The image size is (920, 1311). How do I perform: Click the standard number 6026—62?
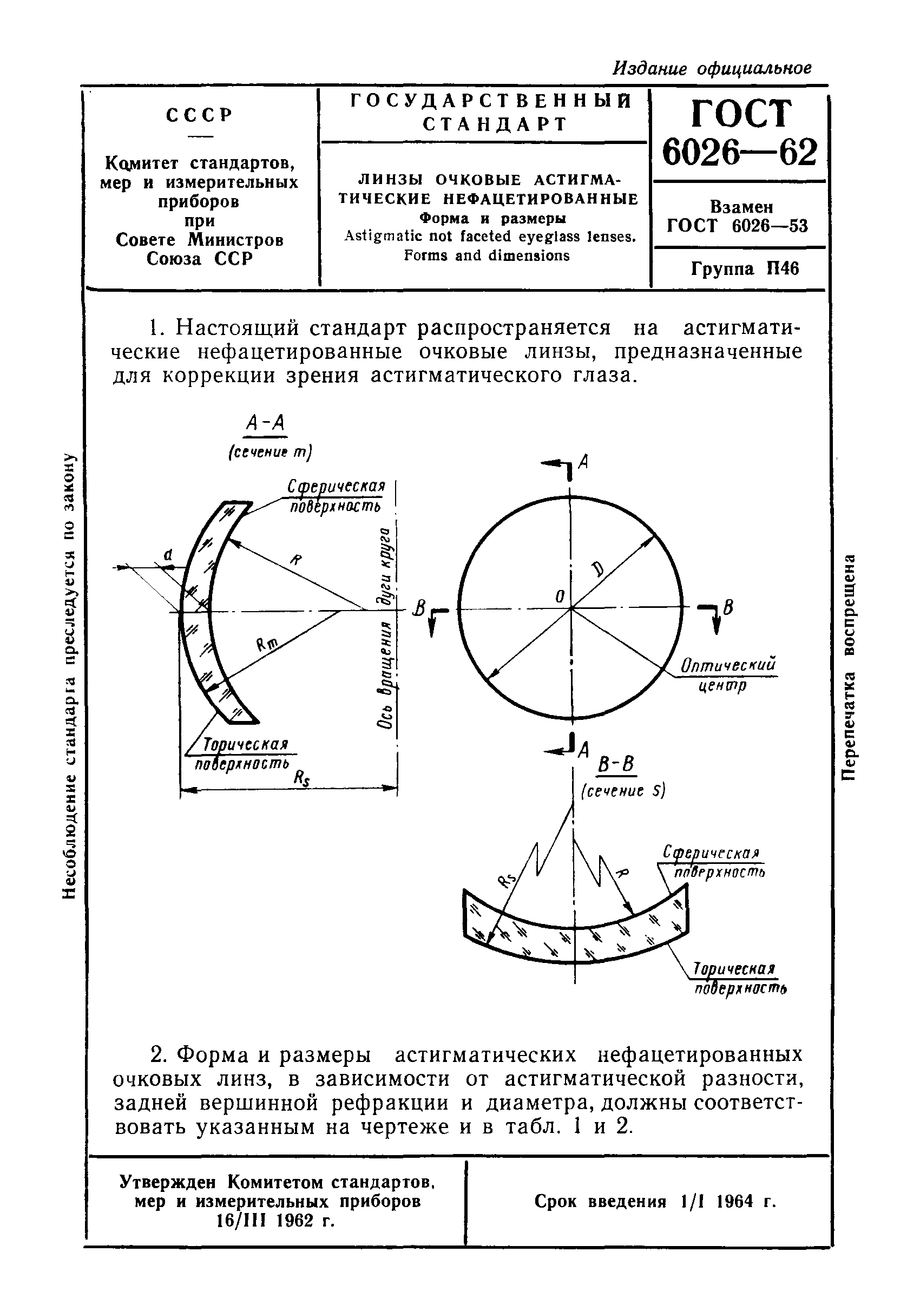pos(740,153)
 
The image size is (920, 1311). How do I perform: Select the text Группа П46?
pos(745,268)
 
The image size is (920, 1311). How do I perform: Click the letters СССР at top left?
pos(200,115)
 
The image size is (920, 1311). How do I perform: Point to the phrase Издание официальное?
pos(712,69)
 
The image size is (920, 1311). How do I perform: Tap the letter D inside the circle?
pos(597,568)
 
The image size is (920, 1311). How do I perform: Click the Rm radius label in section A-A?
pos(266,644)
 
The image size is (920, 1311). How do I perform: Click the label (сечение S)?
pos(623,791)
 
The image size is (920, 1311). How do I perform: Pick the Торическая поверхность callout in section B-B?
pos(739,978)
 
